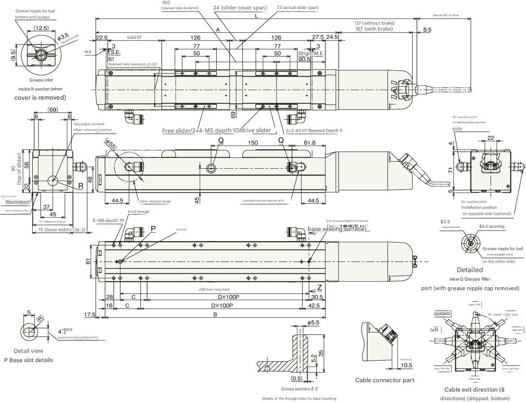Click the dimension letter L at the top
(x=256, y=16)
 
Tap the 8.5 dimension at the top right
(x=427, y=30)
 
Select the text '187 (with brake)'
(x=374, y=29)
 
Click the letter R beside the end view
(x=81, y=186)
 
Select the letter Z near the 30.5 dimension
(x=320, y=287)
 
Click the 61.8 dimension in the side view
(x=310, y=143)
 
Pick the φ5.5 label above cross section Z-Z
(x=313, y=322)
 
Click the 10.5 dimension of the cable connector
(x=406, y=365)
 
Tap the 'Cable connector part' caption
(x=385, y=380)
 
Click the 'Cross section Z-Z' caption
(x=303, y=389)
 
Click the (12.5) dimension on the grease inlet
(x=41, y=27)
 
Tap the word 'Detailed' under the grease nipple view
(x=470, y=270)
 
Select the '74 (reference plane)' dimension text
(x=52, y=222)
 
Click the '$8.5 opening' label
(x=492, y=226)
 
